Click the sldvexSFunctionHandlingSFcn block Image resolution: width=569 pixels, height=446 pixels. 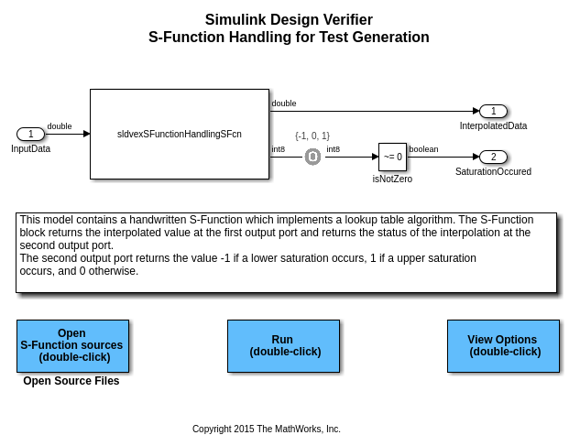coord(179,134)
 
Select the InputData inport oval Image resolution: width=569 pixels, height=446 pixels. coord(30,134)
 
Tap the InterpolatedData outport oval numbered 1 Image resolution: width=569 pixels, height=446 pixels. coord(493,112)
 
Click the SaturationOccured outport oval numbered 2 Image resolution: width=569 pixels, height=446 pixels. coord(493,157)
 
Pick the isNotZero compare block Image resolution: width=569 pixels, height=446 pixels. coord(392,157)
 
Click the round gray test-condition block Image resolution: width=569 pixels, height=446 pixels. coord(312,157)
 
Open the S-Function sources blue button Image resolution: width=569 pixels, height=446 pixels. coord(72,345)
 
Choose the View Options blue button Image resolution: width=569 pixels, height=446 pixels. coord(503,345)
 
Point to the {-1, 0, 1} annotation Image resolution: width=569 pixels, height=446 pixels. coord(312,136)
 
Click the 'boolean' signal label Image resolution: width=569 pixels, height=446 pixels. coord(423,149)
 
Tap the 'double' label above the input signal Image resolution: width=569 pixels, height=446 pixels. coord(60,126)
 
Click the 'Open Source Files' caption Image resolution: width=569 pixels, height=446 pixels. coord(71,381)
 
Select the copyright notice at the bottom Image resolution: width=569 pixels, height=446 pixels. coord(266,429)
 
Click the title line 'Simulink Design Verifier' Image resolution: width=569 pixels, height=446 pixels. coord(289,19)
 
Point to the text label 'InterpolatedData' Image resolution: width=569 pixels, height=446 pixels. coord(493,125)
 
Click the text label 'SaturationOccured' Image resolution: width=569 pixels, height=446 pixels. coord(493,171)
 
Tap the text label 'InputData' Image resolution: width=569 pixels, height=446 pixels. coord(30,148)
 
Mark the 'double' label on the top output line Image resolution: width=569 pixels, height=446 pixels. coord(284,103)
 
